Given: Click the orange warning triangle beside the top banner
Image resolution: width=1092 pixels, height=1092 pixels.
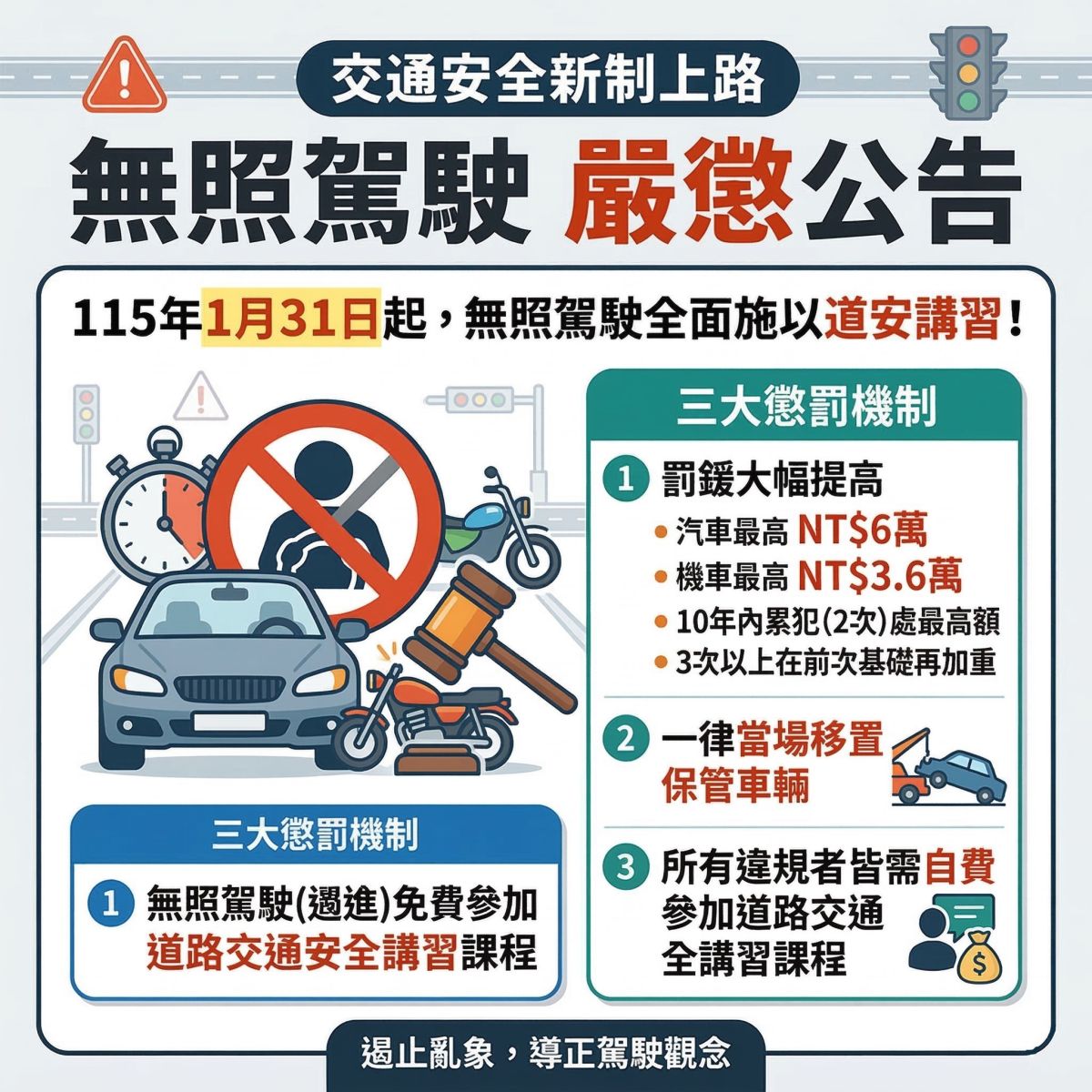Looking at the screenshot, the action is click(125, 76).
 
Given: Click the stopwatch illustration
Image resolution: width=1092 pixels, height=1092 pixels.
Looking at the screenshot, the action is click(160, 507).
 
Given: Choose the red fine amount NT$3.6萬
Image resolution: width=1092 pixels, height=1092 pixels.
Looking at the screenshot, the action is click(879, 576).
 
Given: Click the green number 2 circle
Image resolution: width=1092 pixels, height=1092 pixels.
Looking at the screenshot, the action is click(625, 740).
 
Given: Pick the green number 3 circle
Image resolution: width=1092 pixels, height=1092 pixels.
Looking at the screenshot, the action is click(625, 867).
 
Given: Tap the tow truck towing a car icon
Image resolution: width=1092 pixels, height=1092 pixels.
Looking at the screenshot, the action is click(947, 767).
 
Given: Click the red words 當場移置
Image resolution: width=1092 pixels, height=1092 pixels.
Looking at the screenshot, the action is click(811, 740).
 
